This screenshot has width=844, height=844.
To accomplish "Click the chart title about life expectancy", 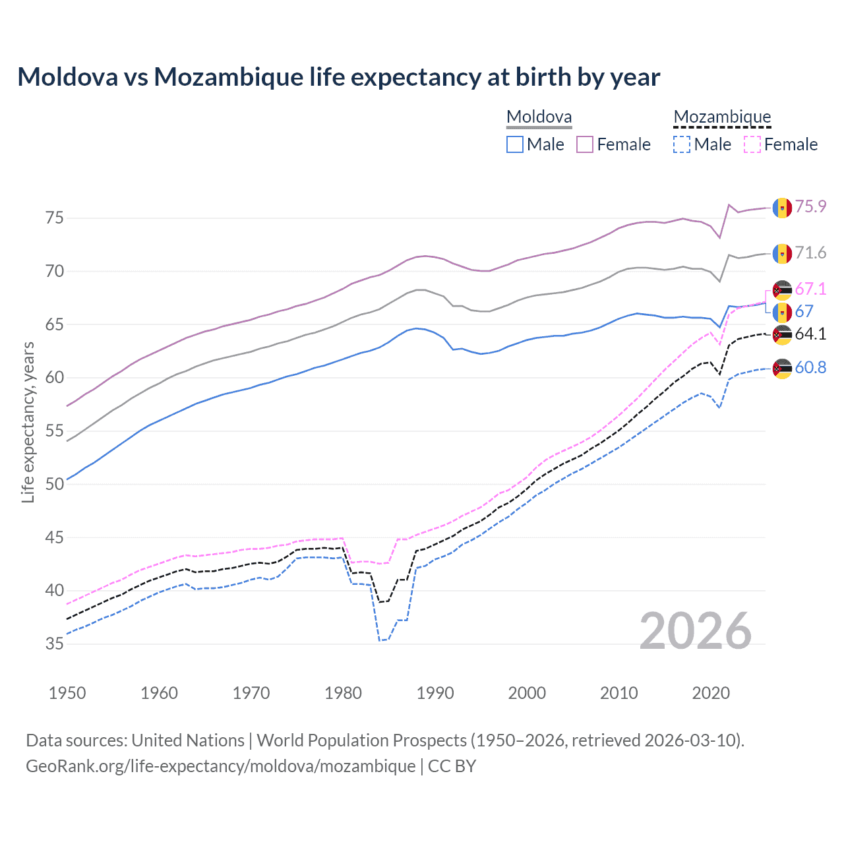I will pos(338,77).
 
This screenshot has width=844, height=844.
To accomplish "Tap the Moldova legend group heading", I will pos(539,117).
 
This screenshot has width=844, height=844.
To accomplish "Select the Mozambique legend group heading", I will pos(722,117).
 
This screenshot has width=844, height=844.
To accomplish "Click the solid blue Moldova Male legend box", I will pos(515,144).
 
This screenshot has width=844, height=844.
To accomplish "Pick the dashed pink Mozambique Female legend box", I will pos(752,144).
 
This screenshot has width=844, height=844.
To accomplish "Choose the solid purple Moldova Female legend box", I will pos(585,144).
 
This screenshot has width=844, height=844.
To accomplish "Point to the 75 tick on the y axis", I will pos(55,218).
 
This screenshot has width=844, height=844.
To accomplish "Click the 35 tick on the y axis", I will pos(55,644).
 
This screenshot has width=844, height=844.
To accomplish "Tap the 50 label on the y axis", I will pos(55,484).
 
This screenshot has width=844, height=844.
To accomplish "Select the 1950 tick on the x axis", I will pos(67,693).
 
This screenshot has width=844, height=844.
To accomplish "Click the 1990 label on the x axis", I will pos(435,693).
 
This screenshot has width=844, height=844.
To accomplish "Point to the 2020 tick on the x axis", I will pos(711,693).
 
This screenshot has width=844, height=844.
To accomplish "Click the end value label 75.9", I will pos(810,207).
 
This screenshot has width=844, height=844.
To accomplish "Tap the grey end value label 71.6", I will pos(810,253).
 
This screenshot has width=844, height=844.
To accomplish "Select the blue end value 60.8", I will pos(810,368).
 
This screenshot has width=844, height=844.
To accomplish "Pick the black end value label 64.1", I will pos(810,334).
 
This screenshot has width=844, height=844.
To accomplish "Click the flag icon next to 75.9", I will pos(782,208).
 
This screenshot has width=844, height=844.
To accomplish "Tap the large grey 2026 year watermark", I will pos(696,631).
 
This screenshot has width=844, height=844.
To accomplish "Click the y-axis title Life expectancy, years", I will pos(28,422).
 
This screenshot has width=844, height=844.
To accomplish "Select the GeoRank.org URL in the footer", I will pos(220,766).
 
